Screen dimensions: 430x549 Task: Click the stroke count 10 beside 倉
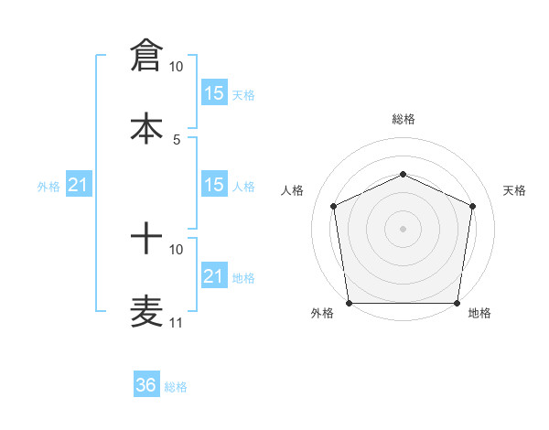coord(176,67)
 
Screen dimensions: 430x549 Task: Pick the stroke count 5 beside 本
coord(177,139)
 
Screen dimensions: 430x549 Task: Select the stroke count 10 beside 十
coord(176,249)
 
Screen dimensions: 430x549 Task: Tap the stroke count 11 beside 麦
coord(176,322)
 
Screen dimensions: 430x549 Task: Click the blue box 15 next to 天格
coord(214,92)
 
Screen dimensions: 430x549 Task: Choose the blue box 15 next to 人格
coord(214,185)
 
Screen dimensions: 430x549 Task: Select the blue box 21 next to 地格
coord(214,275)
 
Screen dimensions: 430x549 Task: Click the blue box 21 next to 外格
coord(79,186)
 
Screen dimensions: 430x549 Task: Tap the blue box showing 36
coord(146,385)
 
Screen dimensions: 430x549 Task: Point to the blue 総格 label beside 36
coord(176,387)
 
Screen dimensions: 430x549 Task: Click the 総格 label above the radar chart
coord(403,119)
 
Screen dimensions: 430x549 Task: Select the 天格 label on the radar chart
coord(515,190)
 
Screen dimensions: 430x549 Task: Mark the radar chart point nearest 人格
coord(334,206)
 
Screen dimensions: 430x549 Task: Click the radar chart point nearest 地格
coord(457,303)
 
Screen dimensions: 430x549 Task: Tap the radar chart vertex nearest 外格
coord(349,303)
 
